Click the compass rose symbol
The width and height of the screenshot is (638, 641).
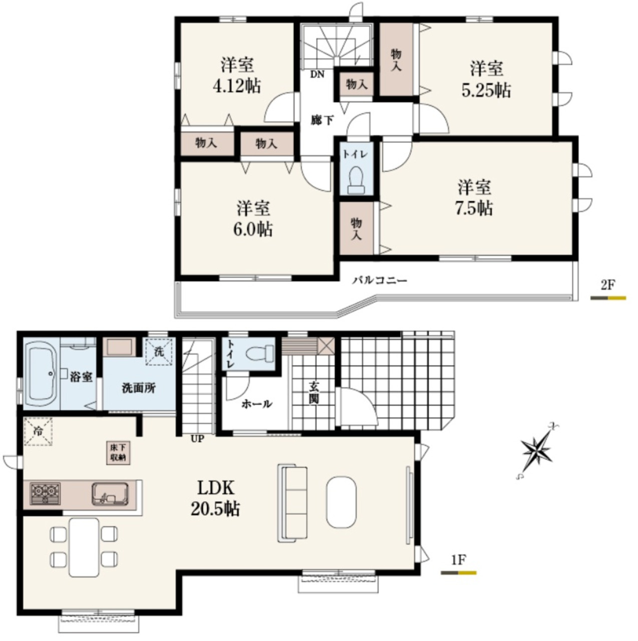coord(536,451)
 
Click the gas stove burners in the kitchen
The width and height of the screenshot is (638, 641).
coord(45,493)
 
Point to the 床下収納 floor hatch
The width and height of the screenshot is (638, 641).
coord(118,453)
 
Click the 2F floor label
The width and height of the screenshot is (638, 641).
coord(607,285)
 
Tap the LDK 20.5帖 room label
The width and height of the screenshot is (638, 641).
coord(216,498)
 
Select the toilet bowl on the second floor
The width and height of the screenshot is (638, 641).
coord(356,180)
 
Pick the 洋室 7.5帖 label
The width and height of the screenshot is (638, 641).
coord(474,198)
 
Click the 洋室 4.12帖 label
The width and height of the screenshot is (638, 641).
coord(237,75)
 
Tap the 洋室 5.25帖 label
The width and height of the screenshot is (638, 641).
coord(486,79)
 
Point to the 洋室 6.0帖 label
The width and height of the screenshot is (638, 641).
coord(253,218)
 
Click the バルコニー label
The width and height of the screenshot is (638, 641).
coord(380,280)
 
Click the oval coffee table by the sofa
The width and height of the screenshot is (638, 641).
coord(342,502)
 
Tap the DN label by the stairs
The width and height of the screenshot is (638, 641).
coord(317,74)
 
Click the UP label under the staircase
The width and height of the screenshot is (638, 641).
coord(197,438)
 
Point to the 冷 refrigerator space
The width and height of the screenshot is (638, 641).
coord(39,431)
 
